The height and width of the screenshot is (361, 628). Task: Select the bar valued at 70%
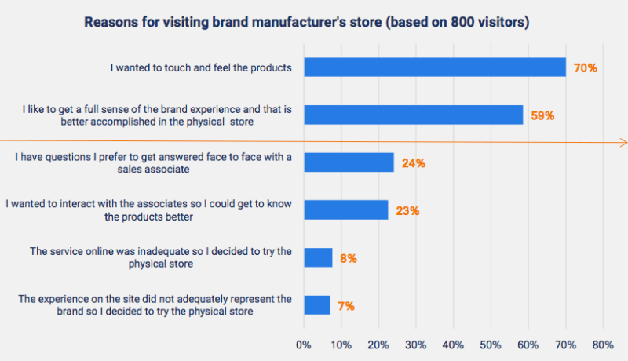(434, 67)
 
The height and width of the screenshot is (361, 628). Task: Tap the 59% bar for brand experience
(413, 115)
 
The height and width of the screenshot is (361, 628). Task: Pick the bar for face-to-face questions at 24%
(349, 162)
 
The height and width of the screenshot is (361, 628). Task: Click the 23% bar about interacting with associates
(345, 210)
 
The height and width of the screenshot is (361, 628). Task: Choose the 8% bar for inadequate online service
(318, 257)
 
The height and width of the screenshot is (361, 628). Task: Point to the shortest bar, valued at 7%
(316, 305)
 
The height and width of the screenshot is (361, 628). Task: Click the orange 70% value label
(585, 68)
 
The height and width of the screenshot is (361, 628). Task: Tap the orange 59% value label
(542, 115)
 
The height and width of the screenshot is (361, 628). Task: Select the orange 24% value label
(413, 163)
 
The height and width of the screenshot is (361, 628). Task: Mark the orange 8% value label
(348, 258)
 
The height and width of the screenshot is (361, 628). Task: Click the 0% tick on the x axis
(304, 345)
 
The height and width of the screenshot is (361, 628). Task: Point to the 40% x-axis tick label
(453, 345)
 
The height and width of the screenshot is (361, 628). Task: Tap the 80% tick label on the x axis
(602, 345)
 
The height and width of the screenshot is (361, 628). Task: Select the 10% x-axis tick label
(341, 345)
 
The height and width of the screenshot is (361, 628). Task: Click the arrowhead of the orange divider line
(623, 142)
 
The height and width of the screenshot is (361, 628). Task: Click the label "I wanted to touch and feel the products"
(201, 68)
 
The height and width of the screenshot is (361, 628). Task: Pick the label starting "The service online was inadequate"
(161, 257)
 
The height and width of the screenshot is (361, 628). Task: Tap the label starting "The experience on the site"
(155, 305)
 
